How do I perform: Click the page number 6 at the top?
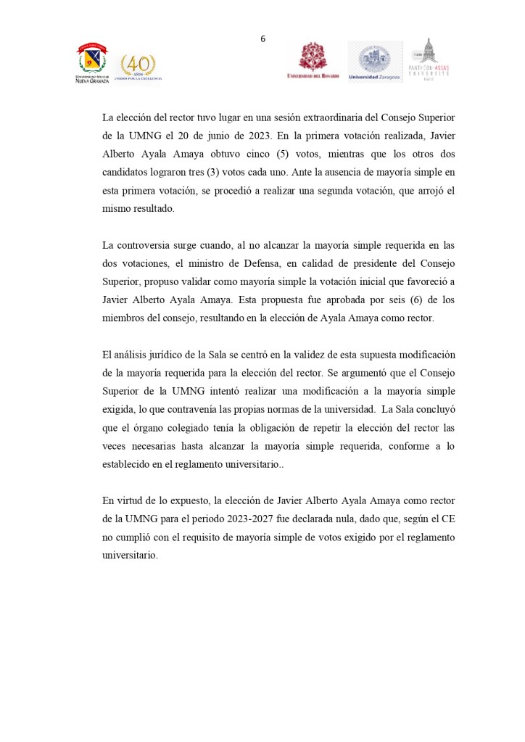(262, 39)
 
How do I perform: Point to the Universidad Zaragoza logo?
(375, 61)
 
